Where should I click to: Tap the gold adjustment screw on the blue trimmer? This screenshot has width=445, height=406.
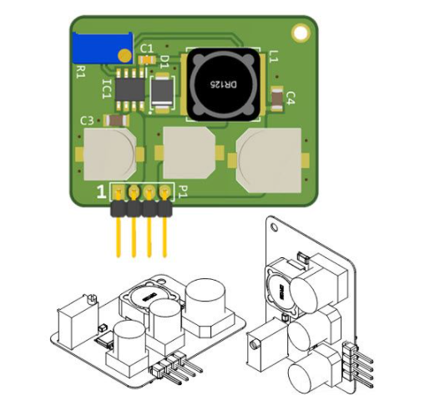(x=124, y=55)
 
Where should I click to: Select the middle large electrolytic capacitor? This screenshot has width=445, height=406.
(x=190, y=155)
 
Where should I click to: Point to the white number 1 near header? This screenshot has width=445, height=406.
(x=101, y=192)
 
